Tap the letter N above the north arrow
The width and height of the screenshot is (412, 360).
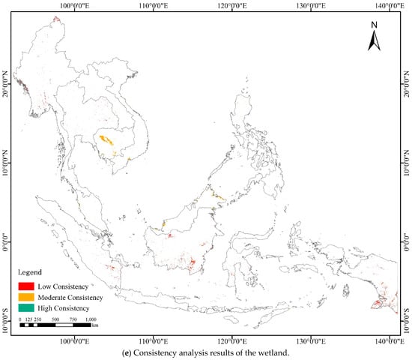pos(374,25)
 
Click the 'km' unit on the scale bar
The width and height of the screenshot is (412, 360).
pos(95,326)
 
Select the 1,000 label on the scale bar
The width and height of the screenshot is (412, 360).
pos(91,319)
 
